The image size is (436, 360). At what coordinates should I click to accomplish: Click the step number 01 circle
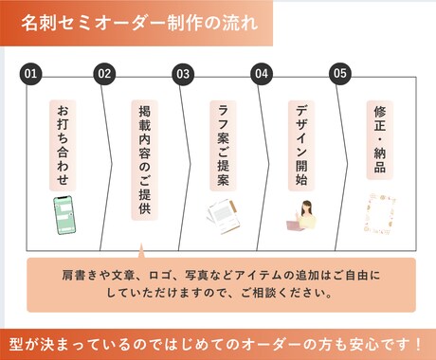coord(30,74)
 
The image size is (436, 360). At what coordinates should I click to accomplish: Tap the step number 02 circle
coord(104,74)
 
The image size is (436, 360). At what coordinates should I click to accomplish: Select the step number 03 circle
coord(183,74)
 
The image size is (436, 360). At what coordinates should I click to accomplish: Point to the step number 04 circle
coord(262,74)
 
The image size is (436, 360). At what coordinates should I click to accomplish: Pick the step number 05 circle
coord(339,74)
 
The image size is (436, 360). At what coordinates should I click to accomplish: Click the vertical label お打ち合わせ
coord(63,146)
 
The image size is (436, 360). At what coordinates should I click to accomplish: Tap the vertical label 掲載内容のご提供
coord(144,160)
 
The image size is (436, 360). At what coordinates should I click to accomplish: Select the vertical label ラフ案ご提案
coord(223,146)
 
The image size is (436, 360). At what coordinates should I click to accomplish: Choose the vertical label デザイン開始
coord(301,146)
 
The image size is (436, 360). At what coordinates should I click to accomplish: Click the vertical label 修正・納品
coord(380,140)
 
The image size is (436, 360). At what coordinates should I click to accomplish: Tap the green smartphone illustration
coord(64,215)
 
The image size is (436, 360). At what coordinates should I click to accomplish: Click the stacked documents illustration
coord(224,217)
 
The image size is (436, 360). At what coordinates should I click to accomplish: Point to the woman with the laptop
coord(301,215)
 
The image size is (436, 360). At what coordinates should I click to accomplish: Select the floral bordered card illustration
coord(380,214)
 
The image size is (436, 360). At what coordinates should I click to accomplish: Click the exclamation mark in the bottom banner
coord(418,344)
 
